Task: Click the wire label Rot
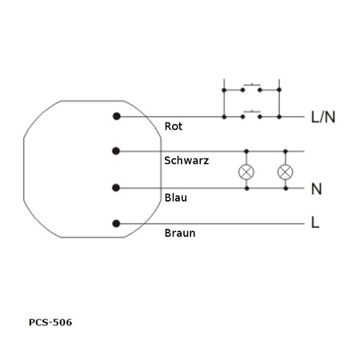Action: (x=174, y=126)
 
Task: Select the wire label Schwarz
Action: (x=186, y=161)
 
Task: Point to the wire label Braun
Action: (x=179, y=234)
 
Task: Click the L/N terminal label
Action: (x=322, y=118)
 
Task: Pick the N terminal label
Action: (x=317, y=190)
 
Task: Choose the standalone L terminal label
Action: (x=315, y=223)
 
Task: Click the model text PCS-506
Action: (x=50, y=322)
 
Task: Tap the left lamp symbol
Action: (x=246, y=172)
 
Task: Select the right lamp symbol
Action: (x=284, y=172)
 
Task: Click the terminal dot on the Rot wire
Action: (x=117, y=117)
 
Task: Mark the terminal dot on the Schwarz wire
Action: (x=117, y=150)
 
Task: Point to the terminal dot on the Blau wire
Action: (x=117, y=188)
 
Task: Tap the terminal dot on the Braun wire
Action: (x=117, y=223)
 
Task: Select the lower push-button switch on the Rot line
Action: (x=252, y=113)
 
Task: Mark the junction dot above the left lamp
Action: (x=246, y=150)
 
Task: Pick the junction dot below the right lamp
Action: (x=284, y=188)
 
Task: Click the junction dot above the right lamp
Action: (x=284, y=150)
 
